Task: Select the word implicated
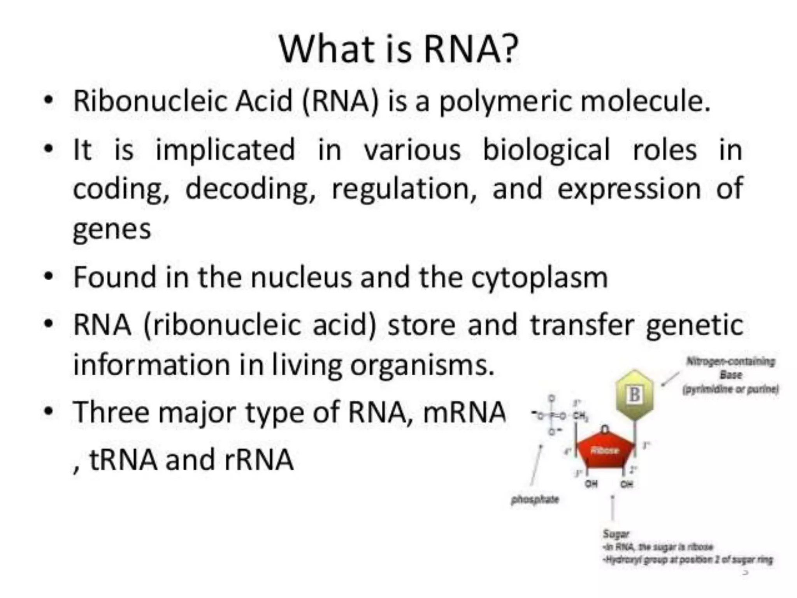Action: coord(225,150)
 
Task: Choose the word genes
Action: coord(112,230)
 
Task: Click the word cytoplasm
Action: coord(539,278)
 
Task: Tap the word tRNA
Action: coord(123,460)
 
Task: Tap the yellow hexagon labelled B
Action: coord(635,394)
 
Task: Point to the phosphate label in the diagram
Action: coord(535,500)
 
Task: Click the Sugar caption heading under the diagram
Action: coord(616,533)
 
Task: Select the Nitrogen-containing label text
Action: coord(730,362)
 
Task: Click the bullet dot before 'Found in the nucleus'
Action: coord(48,277)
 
